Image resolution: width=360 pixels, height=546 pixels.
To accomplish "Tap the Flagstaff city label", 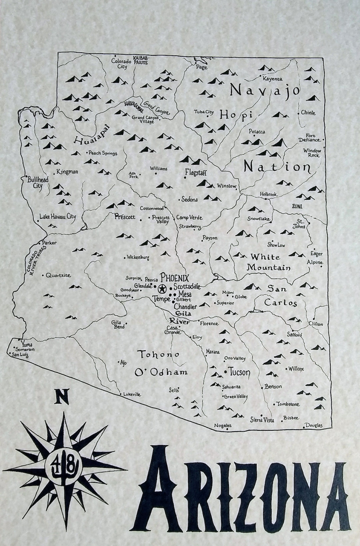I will tap(196, 173).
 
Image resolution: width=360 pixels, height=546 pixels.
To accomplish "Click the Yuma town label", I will tap(27, 344).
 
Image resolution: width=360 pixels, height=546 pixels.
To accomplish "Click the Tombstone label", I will tap(288, 404).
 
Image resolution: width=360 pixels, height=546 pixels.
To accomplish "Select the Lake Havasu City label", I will tap(58, 216).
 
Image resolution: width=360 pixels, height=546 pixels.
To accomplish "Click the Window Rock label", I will tap(312, 153).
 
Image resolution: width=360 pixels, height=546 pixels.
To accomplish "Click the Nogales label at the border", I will tap(223, 426).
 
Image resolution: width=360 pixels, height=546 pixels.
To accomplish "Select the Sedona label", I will tap(189, 200).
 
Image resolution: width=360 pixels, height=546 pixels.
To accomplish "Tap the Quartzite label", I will tap(58, 275).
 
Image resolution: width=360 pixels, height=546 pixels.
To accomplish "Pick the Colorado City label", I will tap(119, 64).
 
